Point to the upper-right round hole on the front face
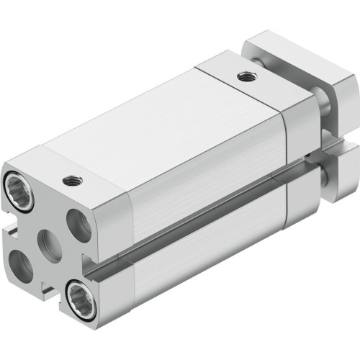click(x=81, y=221)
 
